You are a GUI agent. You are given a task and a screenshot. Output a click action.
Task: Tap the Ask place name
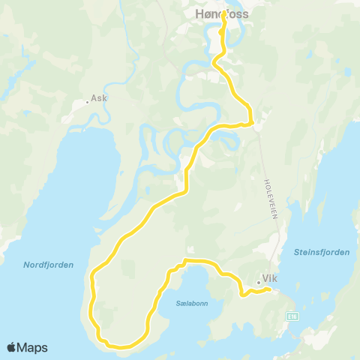pos(99,98)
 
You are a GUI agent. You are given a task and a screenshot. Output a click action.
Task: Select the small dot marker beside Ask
pos(87,103)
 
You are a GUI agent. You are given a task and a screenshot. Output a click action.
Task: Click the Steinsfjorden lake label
pos(322,253)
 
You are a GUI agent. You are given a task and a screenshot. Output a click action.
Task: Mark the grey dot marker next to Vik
pos(258,283)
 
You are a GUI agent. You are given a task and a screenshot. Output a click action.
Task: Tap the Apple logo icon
pos(12,347)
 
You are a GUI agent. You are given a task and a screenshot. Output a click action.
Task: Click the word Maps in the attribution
pos(33,347)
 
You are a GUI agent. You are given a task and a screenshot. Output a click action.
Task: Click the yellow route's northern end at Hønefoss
pos(224,15)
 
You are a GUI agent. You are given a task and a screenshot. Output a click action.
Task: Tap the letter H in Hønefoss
pos(199,13)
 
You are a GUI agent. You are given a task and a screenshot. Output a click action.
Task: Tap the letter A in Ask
pos(94,98)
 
